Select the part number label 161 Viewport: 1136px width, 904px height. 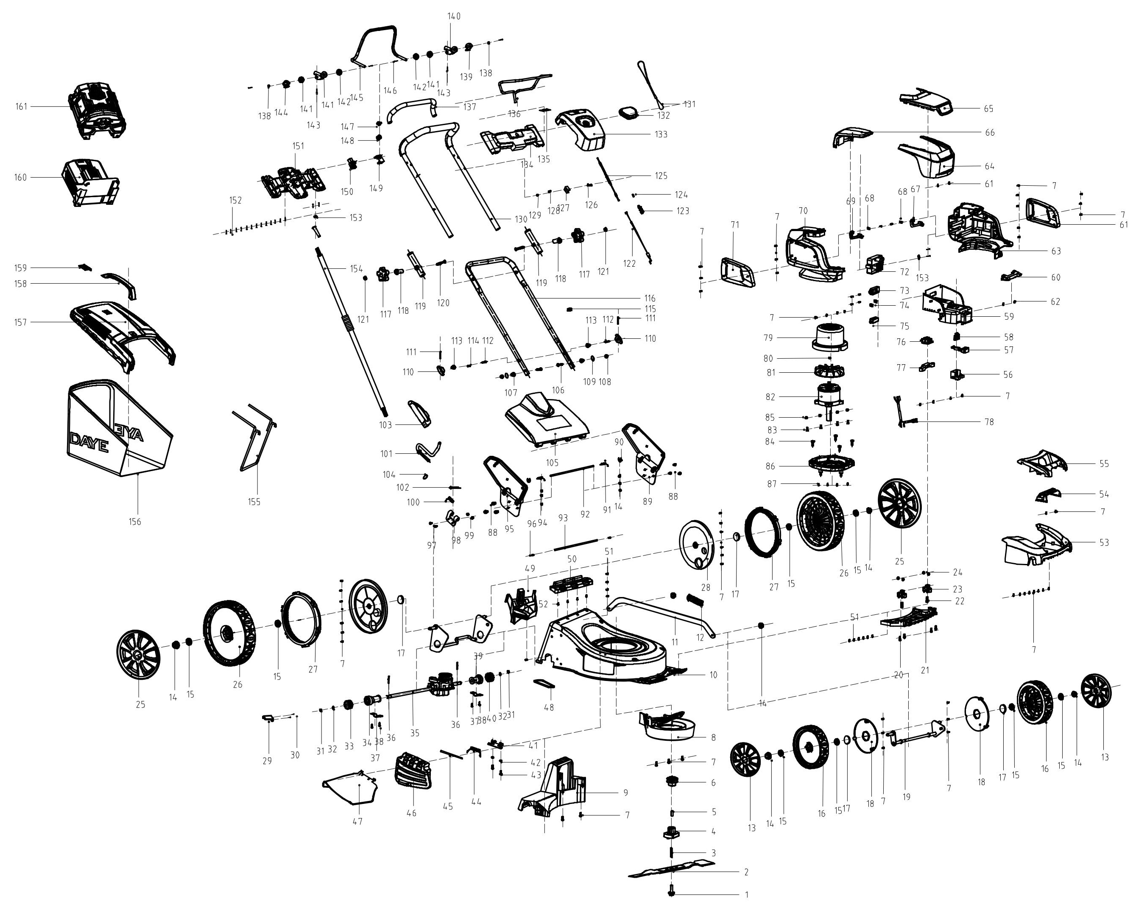pos(21,107)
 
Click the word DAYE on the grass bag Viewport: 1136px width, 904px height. pos(89,443)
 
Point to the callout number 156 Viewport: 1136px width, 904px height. pos(135,522)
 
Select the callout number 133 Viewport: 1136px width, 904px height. pos(661,134)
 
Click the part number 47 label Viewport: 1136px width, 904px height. pos(358,821)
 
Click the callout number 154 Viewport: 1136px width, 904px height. pos(357,269)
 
